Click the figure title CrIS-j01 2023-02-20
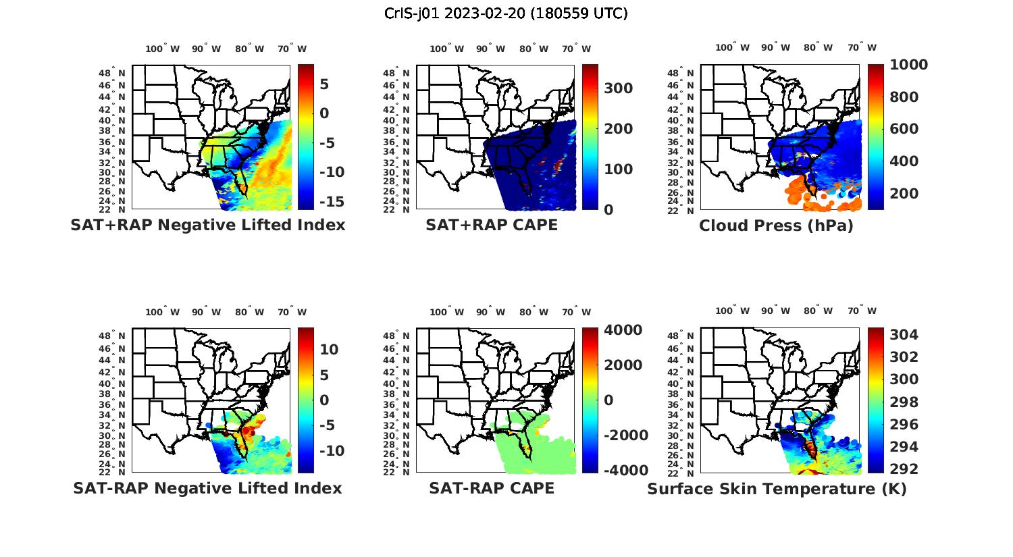pos(506,13)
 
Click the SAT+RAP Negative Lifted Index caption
pos(208,225)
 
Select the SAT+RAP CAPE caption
pos(492,225)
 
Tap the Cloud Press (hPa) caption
pos(776,226)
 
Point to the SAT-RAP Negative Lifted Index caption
pos(208,488)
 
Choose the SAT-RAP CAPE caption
pos(492,488)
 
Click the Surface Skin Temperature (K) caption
pos(777,489)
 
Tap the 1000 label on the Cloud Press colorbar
pos(908,65)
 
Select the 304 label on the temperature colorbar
pos(904,335)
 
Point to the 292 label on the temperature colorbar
pos(904,469)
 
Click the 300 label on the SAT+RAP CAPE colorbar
pos(618,88)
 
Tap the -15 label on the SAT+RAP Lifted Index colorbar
pos(331,201)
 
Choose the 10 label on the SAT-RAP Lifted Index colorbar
pos(329,349)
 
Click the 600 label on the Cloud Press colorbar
pos(904,129)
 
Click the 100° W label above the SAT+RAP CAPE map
pos(446,49)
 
